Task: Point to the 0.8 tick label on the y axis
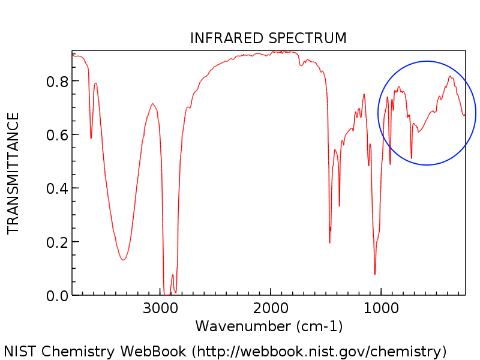58,81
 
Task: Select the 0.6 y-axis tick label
58,134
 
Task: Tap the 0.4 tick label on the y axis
58,188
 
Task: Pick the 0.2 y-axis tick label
58,242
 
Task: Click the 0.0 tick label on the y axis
58,296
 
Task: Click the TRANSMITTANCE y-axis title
13,173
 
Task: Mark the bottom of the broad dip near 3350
123,260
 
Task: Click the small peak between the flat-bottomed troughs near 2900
172,275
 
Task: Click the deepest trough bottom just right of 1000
375,274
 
